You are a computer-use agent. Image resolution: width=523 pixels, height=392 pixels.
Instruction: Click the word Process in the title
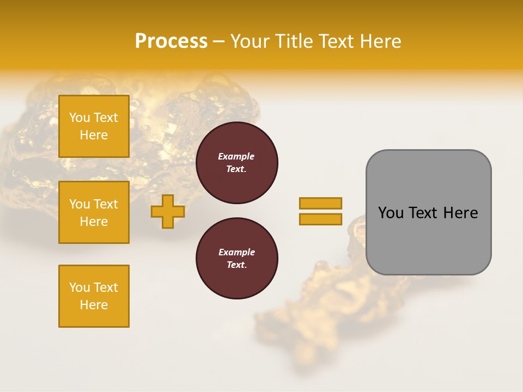tap(171, 41)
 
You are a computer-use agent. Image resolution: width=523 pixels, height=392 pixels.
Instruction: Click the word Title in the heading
tap(293, 41)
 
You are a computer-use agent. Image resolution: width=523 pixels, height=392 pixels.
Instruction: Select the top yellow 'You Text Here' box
tap(94, 126)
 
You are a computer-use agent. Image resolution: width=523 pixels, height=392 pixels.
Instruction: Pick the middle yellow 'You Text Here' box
tap(94, 212)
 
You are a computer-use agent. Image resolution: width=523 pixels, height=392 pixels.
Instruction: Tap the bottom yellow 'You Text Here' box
tap(94, 296)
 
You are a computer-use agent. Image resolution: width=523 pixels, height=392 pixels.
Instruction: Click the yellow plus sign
tap(168, 212)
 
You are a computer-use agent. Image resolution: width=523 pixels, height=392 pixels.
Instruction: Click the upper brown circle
tap(236, 163)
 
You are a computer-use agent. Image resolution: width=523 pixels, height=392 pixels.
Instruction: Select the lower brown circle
tap(236, 259)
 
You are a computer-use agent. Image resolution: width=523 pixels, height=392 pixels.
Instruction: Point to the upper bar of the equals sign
tap(320, 203)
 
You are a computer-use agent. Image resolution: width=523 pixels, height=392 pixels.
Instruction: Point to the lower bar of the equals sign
tap(320, 219)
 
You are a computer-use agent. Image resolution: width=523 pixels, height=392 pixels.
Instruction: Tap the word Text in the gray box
tap(423, 213)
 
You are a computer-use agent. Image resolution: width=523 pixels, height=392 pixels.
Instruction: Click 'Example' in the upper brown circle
tap(236, 156)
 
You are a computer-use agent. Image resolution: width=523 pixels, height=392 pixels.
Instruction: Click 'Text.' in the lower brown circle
tap(236, 265)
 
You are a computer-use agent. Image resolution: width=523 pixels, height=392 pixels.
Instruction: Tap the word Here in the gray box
tap(461, 213)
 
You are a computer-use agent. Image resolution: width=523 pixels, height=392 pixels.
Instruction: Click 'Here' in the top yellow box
tap(94, 135)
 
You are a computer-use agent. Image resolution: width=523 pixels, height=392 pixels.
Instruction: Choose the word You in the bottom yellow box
tap(80, 287)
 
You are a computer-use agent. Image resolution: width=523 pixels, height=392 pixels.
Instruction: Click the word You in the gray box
tap(390, 213)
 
